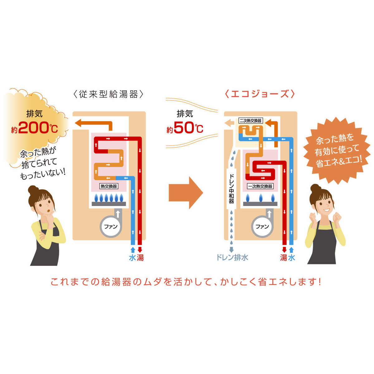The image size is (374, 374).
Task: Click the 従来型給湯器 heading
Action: click(108, 94)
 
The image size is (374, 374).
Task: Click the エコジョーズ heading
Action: click(259, 94)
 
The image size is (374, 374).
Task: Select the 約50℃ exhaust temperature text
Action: click(185, 128)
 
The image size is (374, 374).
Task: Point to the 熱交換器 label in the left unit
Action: click(109, 186)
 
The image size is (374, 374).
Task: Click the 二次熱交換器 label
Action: click(250, 121)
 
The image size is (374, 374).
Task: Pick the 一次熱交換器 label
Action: click(260, 186)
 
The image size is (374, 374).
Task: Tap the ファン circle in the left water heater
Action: click(110, 227)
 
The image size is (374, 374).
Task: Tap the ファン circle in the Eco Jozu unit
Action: click(262, 227)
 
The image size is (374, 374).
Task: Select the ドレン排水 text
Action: click(233, 258)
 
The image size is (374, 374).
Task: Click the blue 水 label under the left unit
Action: click(132, 258)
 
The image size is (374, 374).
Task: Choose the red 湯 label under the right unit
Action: click(284, 258)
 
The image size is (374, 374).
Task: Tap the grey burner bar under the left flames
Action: click(108, 204)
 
